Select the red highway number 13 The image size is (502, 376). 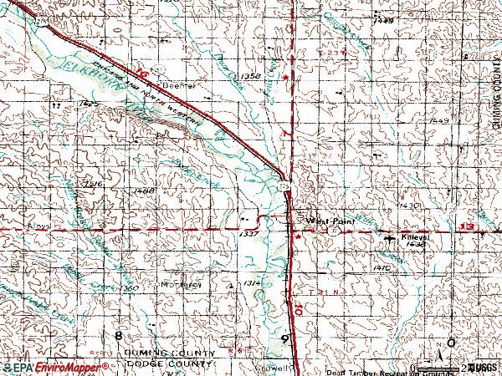point(466,227)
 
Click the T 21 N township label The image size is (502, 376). point(315,292)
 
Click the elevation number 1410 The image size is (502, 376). point(383,267)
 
